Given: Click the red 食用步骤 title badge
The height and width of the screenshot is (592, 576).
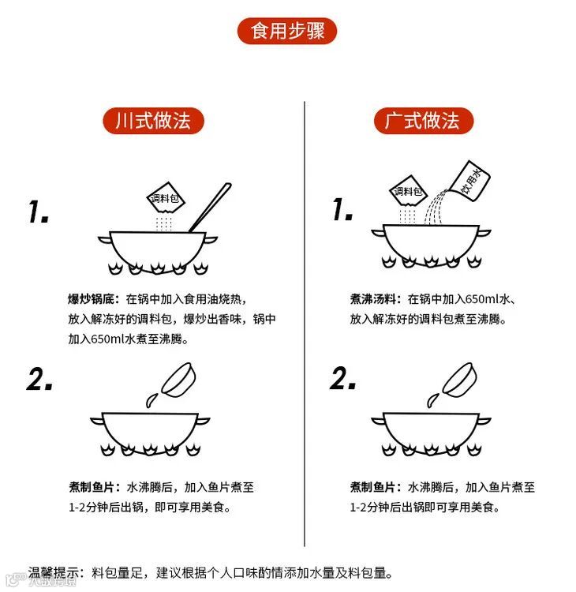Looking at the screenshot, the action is (287, 31).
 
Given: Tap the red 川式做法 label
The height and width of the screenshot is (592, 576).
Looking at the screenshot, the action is (153, 121).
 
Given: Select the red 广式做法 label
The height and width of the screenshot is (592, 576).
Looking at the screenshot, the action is (424, 121).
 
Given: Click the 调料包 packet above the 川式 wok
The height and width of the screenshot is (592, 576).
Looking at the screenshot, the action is (166, 198).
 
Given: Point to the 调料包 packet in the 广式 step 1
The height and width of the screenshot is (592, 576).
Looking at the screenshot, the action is (408, 191).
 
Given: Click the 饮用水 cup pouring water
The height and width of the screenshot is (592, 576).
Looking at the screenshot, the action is (469, 181).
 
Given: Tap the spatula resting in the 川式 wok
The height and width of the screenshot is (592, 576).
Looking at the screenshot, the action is (210, 208).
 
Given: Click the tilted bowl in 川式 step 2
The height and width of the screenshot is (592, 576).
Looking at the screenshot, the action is (179, 380).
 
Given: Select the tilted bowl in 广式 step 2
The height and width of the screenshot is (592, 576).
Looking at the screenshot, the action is (459, 380).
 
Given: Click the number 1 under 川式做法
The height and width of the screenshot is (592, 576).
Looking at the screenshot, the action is (38, 212).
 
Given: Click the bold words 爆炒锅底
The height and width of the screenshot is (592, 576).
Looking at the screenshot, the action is (91, 299).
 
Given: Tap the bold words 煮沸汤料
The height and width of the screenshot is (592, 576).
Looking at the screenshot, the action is (373, 299).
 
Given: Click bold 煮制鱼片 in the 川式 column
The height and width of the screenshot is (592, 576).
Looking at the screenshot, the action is (92, 487).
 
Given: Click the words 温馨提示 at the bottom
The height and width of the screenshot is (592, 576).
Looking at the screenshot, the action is (53, 572).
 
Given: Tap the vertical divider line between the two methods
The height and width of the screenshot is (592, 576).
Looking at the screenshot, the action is (305, 324).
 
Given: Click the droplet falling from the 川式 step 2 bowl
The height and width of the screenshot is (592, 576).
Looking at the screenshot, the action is (151, 400).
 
